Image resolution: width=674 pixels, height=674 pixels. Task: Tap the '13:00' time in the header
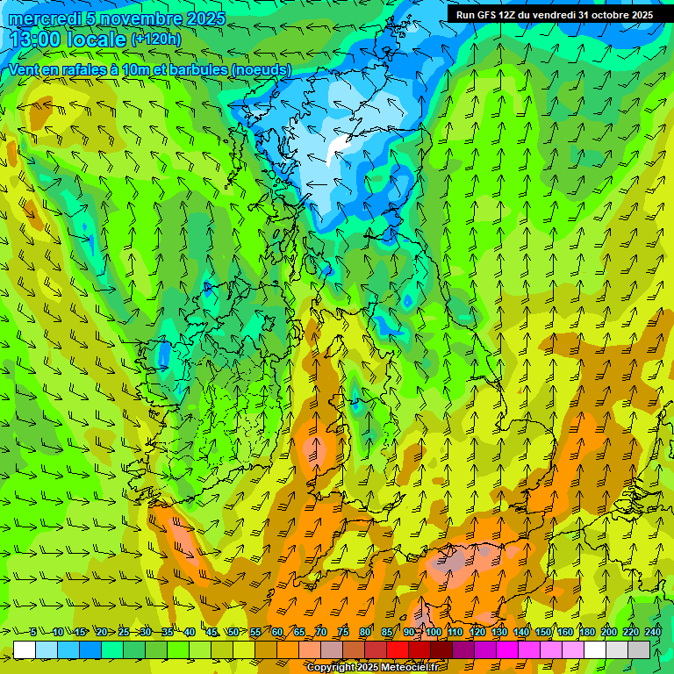click(x=35, y=39)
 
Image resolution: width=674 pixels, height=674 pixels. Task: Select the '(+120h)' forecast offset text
click(x=156, y=39)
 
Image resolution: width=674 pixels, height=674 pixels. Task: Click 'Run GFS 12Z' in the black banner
click(x=488, y=15)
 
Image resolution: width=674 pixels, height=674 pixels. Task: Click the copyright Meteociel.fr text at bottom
click(x=373, y=668)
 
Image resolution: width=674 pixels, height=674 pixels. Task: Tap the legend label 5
click(x=33, y=632)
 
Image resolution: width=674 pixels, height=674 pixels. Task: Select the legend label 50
click(x=233, y=632)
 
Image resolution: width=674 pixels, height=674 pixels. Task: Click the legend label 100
click(x=434, y=632)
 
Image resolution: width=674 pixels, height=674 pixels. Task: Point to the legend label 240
click(x=653, y=632)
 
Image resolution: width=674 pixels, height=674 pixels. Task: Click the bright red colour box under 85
click(x=398, y=649)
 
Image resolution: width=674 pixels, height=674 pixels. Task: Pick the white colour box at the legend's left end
click(x=25, y=649)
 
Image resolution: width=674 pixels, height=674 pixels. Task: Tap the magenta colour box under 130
click(x=507, y=649)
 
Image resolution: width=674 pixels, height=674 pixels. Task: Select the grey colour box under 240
click(x=639, y=649)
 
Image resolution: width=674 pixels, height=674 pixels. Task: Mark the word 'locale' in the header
click(x=96, y=39)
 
